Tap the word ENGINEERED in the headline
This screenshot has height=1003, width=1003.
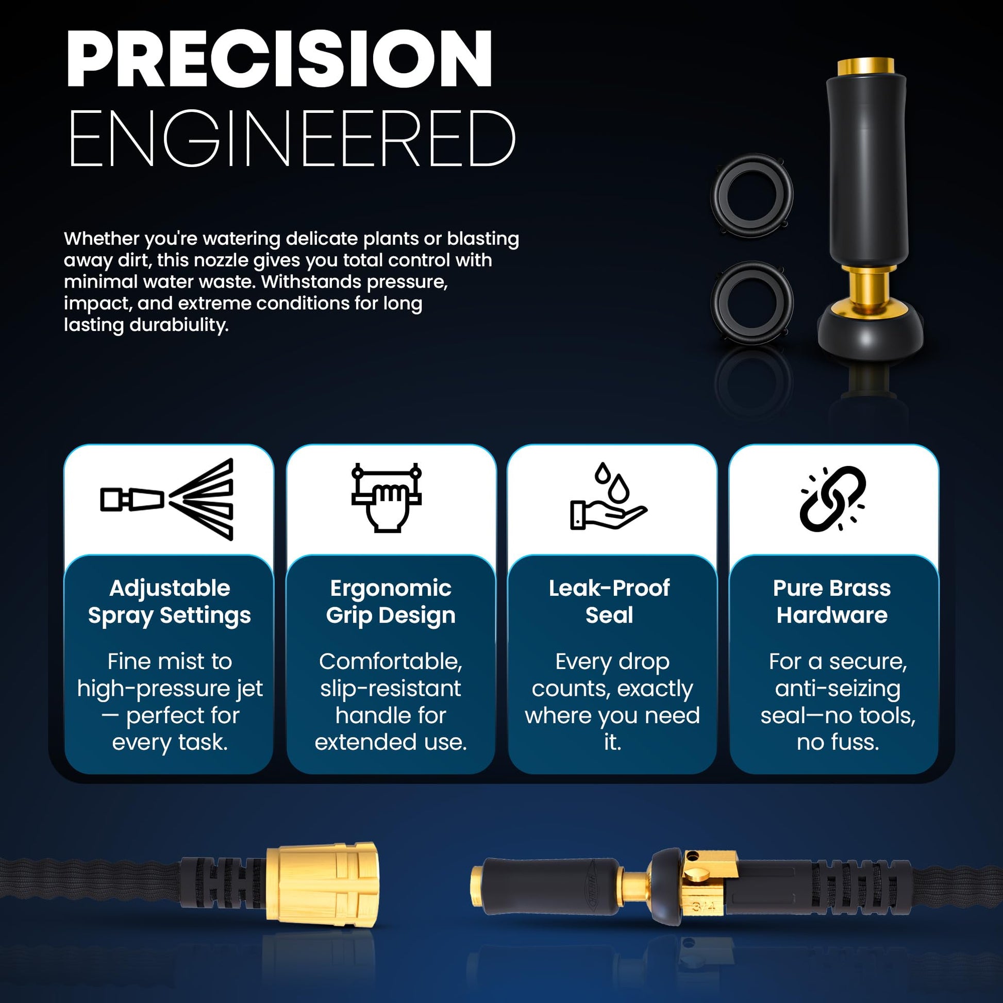[292, 139]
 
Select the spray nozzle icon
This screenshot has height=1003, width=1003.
[166, 499]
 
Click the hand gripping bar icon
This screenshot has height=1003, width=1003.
[386, 497]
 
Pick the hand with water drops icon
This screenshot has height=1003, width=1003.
[608, 496]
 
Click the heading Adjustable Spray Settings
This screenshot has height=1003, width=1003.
[169, 601]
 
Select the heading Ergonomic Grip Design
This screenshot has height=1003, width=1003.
[390, 601]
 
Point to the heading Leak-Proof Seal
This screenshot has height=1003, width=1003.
[609, 601]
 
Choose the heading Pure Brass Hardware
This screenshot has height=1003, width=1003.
[832, 601]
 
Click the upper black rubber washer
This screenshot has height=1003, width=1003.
[751, 195]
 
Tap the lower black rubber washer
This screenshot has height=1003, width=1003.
[751, 302]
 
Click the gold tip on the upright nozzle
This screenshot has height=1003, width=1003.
[865, 66]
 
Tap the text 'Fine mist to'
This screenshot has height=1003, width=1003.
[170, 661]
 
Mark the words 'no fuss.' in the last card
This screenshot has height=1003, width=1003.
[838, 742]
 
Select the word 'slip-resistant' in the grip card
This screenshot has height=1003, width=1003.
[390, 689]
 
